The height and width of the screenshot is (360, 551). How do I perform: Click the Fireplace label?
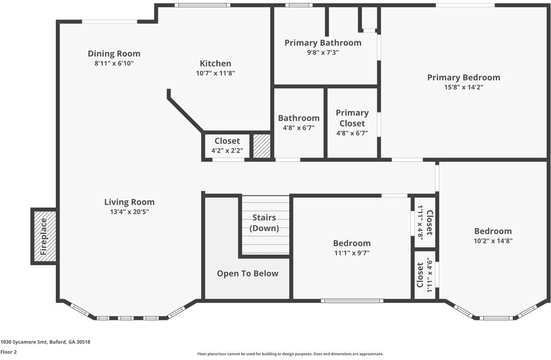[x=44, y=237]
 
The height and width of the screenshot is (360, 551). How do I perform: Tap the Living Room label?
[x=129, y=202]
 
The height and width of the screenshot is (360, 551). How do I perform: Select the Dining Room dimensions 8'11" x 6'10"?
[x=114, y=64]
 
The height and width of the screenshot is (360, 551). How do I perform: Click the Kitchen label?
[x=215, y=64]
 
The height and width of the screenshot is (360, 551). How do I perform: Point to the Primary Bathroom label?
[x=323, y=43]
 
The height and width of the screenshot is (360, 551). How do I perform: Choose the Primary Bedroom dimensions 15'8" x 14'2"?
[x=464, y=87]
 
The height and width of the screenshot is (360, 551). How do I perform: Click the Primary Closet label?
[x=352, y=118]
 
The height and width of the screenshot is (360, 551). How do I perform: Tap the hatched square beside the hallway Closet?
[x=262, y=146]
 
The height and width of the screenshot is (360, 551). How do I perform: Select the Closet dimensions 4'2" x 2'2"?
[x=227, y=151]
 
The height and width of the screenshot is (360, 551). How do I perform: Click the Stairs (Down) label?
[x=264, y=223]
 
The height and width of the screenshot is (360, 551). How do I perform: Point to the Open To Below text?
[x=248, y=274]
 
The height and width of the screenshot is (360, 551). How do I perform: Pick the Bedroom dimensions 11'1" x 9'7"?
[x=352, y=253]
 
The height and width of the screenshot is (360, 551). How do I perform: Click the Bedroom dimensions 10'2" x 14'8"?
[x=493, y=241]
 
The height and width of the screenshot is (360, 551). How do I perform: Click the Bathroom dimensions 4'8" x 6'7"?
[x=299, y=128]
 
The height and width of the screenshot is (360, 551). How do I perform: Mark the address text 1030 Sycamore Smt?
[x=23, y=342]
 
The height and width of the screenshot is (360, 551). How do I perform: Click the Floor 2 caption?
[x=8, y=352]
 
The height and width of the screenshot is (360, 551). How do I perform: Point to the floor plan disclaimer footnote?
[x=291, y=354]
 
